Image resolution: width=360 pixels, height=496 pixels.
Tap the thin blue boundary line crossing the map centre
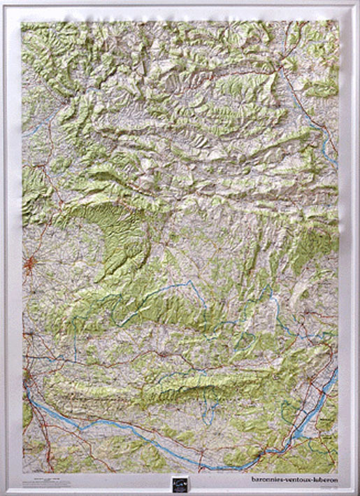(175, 294)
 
